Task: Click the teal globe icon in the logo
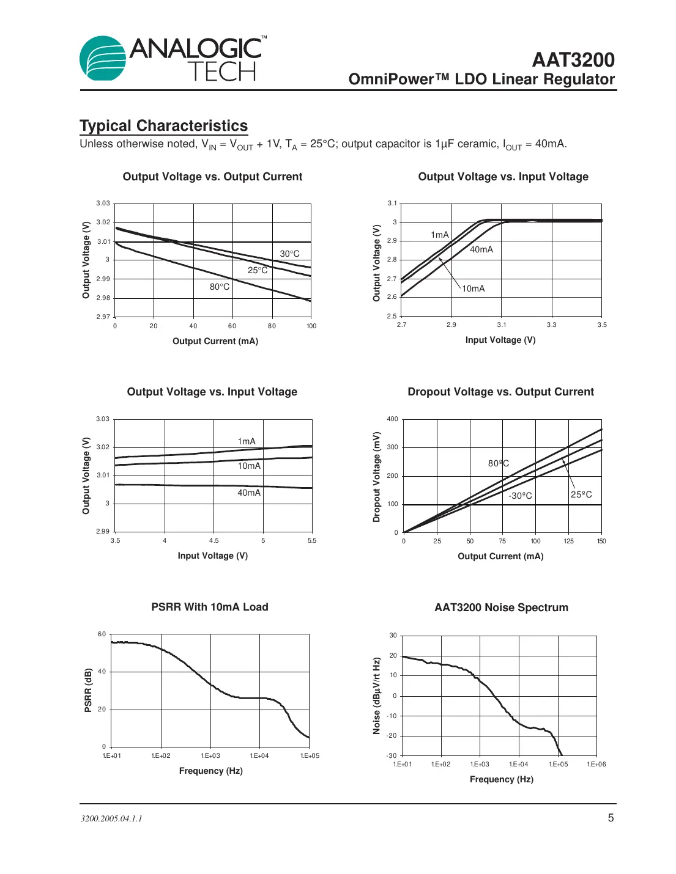click(x=102, y=59)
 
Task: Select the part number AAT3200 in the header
click(x=573, y=60)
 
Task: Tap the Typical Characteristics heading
click(x=163, y=126)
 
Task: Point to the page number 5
click(x=610, y=818)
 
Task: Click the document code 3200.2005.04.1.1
click(x=111, y=818)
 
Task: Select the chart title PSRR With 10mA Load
click(x=210, y=607)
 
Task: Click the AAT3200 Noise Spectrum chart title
click(x=501, y=608)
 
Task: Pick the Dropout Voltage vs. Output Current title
click(x=500, y=392)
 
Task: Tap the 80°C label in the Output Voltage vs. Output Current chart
click(x=220, y=287)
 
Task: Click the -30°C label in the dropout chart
click(x=520, y=496)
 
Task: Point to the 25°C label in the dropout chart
click(x=581, y=494)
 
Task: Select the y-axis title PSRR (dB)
click(x=88, y=690)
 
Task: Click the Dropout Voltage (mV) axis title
click(x=377, y=477)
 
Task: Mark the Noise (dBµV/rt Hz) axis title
click(x=377, y=696)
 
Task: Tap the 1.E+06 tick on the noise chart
click(x=596, y=764)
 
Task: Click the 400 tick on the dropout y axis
click(x=392, y=419)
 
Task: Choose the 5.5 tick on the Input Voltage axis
click(x=312, y=540)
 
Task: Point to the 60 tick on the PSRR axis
click(x=102, y=634)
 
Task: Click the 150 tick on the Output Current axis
click(x=601, y=541)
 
